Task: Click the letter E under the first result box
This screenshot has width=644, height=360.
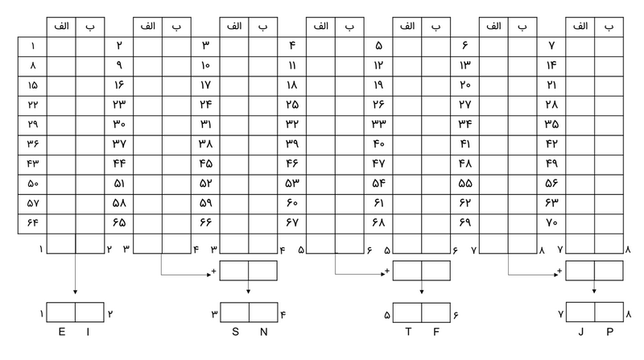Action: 60,330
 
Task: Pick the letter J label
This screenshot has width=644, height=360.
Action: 581,330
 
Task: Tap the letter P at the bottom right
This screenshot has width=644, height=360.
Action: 609,330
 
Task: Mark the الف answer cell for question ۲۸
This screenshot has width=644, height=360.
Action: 580,105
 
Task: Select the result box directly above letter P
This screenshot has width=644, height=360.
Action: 609,312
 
